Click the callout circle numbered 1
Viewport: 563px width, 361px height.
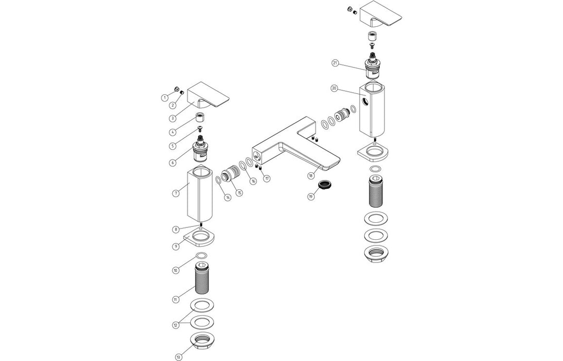[164, 97]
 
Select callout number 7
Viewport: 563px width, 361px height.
[176, 193]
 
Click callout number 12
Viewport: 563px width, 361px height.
[175, 325]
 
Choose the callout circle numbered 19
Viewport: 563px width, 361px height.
[311, 196]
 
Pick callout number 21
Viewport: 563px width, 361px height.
[335, 63]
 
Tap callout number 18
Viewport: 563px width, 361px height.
[311, 175]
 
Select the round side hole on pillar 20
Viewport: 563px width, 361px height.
[365, 101]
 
